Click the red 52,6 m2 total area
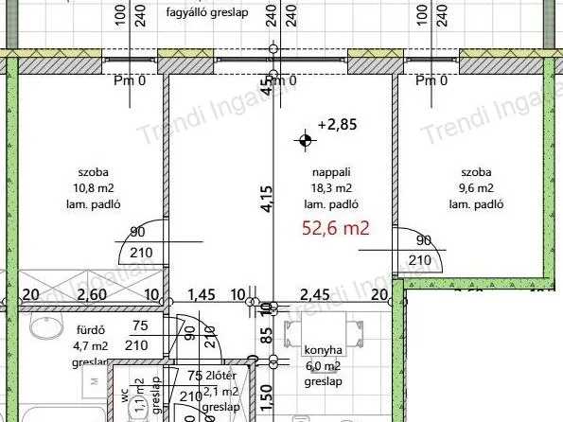[x=335, y=227]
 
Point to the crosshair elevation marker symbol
[x=305, y=142]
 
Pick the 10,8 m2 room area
[x=94, y=188]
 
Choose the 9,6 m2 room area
[x=476, y=188]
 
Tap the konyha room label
[x=323, y=349]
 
